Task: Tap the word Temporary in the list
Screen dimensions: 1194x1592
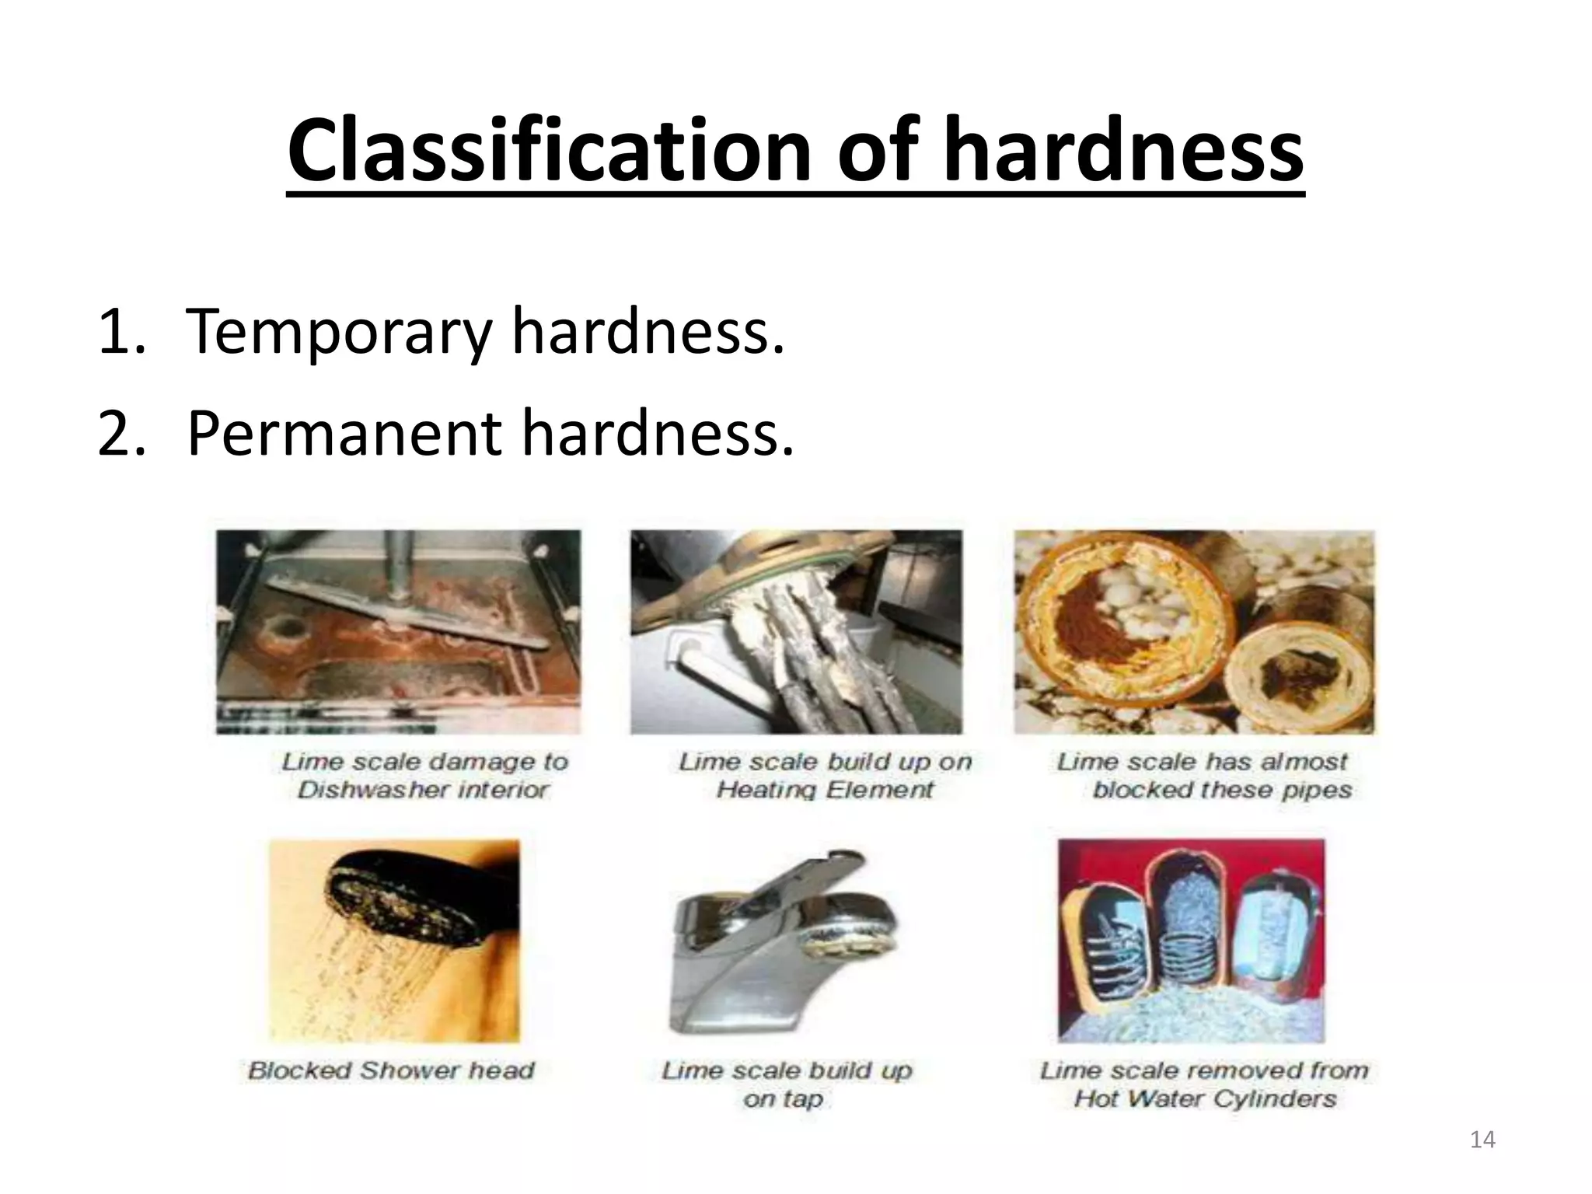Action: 339,331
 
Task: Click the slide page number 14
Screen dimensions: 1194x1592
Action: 1482,1140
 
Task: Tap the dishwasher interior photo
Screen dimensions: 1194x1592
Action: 398,631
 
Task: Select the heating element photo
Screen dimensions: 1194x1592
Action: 796,631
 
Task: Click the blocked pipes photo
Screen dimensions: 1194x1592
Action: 1194,631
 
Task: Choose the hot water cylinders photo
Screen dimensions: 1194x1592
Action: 1191,941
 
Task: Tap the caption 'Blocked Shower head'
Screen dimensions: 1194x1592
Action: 391,1070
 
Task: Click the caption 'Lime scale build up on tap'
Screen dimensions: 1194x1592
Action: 786,1084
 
